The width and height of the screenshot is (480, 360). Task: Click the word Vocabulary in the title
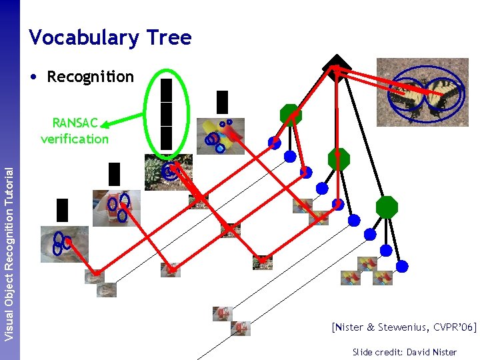coord(83,37)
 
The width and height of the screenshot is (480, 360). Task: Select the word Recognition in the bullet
coord(90,77)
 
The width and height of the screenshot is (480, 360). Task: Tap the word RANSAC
coord(75,123)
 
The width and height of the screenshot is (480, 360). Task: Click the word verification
coord(74,139)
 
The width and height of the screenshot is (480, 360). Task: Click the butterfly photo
coord(422,91)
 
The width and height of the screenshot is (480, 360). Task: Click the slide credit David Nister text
coord(405,351)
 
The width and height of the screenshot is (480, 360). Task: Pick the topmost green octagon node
coord(291,115)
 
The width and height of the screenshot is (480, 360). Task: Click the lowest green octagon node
coord(387,207)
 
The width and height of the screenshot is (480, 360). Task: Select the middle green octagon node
coord(339,159)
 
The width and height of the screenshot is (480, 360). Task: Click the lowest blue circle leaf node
coord(403,266)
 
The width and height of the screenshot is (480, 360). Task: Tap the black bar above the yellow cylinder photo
coord(222,102)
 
